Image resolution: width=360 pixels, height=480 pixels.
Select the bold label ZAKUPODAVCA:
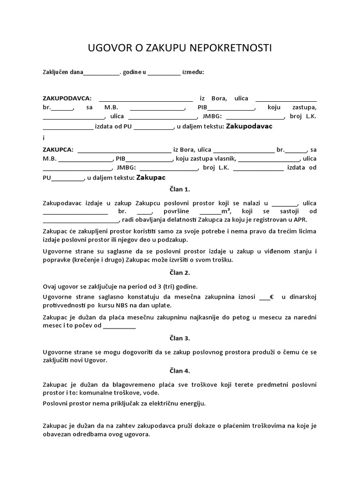(67, 98)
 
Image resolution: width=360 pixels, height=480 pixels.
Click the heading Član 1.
(180, 189)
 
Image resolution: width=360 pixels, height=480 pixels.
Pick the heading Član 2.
(180, 272)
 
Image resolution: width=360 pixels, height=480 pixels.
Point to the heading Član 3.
(180, 337)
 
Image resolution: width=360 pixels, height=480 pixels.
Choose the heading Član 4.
(180, 371)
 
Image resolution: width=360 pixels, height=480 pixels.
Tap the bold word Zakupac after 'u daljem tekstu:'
(150, 178)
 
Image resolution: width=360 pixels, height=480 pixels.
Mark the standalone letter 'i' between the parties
(44, 138)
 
